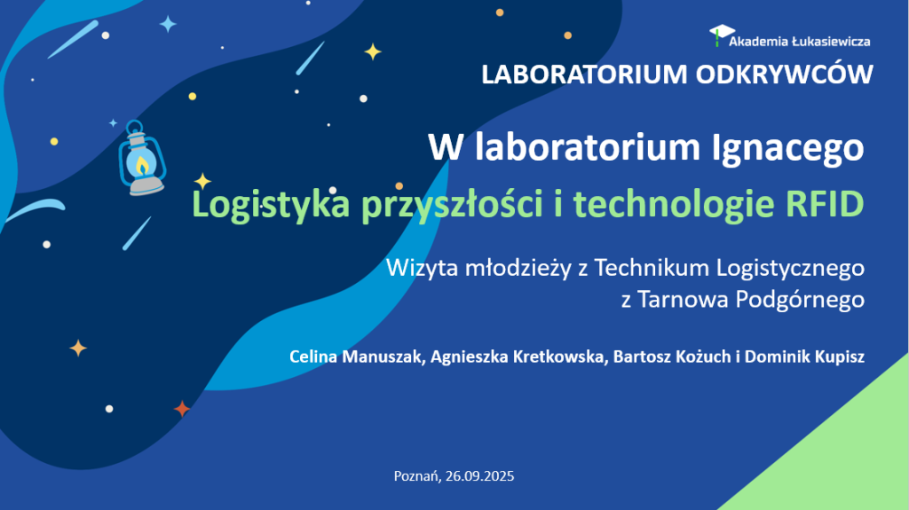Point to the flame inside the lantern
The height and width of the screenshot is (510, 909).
tap(141, 164)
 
